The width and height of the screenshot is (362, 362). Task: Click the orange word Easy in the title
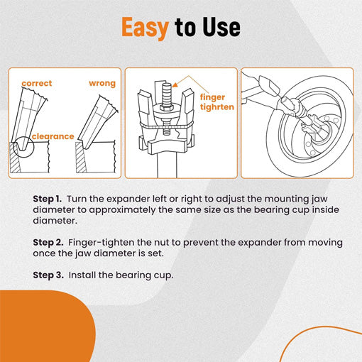pyautogui.click(x=146, y=28)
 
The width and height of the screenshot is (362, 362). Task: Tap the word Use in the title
pyautogui.click(x=220, y=28)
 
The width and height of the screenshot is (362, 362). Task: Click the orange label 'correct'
pyautogui.click(x=36, y=83)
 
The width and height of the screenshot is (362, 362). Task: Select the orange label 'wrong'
pyautogui.click(x=102, y=83)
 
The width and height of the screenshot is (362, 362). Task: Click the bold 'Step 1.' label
pyautogui.click(x=48, y=199)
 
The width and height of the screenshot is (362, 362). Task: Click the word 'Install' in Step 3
pyautogui.click(x=84, y=273)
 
